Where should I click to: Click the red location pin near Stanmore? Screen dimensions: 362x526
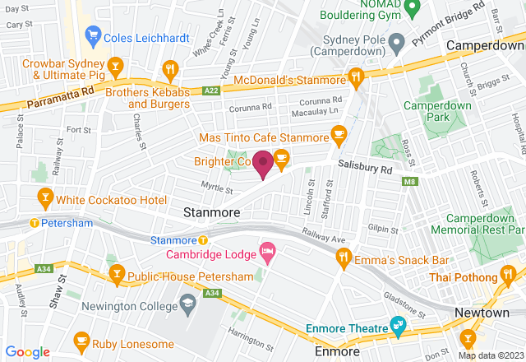263,165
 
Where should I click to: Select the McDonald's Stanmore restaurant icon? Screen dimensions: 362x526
355,77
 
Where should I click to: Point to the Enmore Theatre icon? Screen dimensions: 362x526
399,324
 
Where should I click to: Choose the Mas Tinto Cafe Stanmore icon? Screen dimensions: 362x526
337,133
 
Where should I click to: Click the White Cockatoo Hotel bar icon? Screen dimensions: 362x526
46,197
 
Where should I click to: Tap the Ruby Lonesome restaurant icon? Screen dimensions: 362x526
81,338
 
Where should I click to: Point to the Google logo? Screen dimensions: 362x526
27,351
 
